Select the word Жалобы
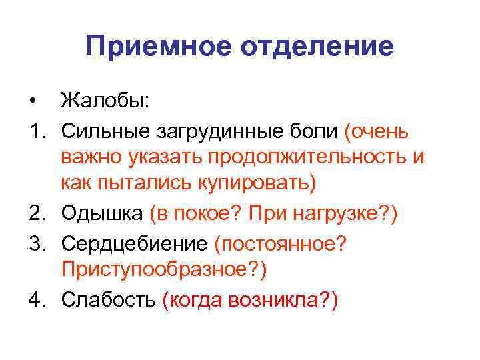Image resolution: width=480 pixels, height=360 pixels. pos(106,101)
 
